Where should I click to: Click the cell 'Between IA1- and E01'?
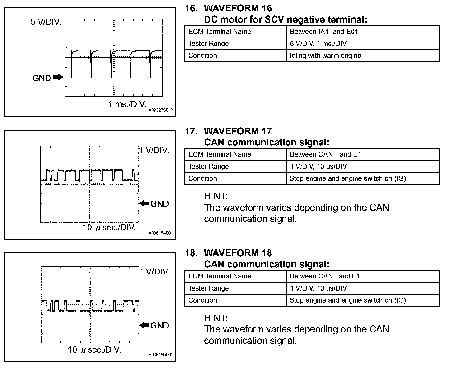click(x=324, y=32)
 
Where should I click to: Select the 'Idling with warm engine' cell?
click(x=325, y=56)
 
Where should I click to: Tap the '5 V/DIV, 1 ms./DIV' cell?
click(x=318, y=44)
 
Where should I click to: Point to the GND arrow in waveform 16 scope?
click(x=58, y=77)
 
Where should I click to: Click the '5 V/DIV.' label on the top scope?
click(x=46, y=22)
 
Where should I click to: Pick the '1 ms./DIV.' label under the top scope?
click(x=127, y=104)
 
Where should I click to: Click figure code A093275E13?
click(x=161, y=110)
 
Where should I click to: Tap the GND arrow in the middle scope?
click(x=144, y=203)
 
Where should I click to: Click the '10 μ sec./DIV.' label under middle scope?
click(x=109, y=228)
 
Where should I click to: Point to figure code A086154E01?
click(x=161, y=233)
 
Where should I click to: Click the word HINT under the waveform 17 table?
click(x=216, y=196)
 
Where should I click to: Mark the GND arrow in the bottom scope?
click(x=144, y=325)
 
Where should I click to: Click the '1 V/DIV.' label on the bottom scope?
click(x=154, y=272)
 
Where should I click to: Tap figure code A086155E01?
click(x=161, y=355)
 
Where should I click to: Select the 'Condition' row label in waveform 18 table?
click(x=203, y=300)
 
